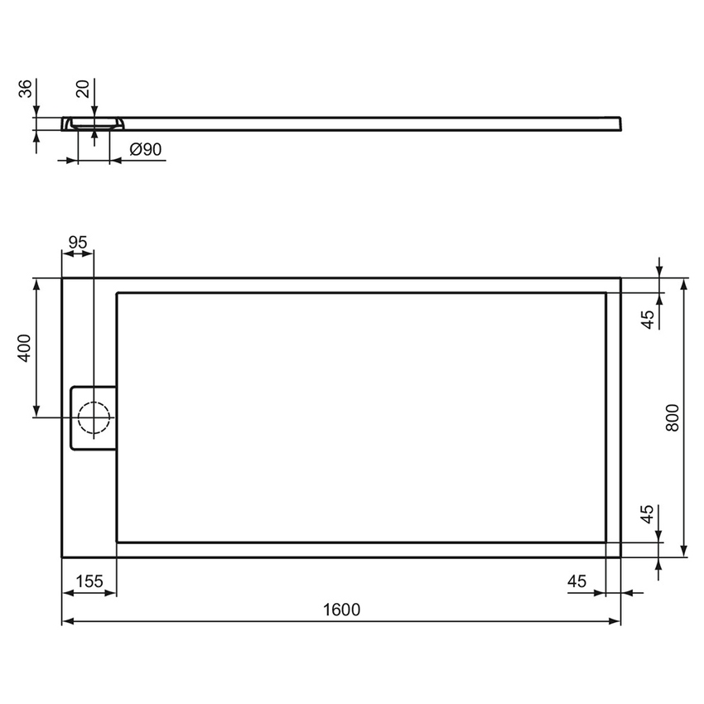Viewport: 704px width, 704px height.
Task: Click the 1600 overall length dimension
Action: click(340, 610)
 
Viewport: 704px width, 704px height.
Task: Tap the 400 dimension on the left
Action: click(24, 348)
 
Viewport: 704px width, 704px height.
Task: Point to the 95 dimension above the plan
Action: click(77, 243)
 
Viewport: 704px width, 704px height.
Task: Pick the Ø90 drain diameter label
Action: click(145, 149)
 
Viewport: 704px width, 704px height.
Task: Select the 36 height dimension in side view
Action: click(24, 88)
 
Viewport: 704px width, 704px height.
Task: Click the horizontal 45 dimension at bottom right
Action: click(576, 581)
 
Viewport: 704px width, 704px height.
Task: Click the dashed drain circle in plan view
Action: click(93, 417)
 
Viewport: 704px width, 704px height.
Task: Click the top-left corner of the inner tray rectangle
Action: click(117, 292)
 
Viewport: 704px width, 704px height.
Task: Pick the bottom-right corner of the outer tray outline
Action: click(620, 557)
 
